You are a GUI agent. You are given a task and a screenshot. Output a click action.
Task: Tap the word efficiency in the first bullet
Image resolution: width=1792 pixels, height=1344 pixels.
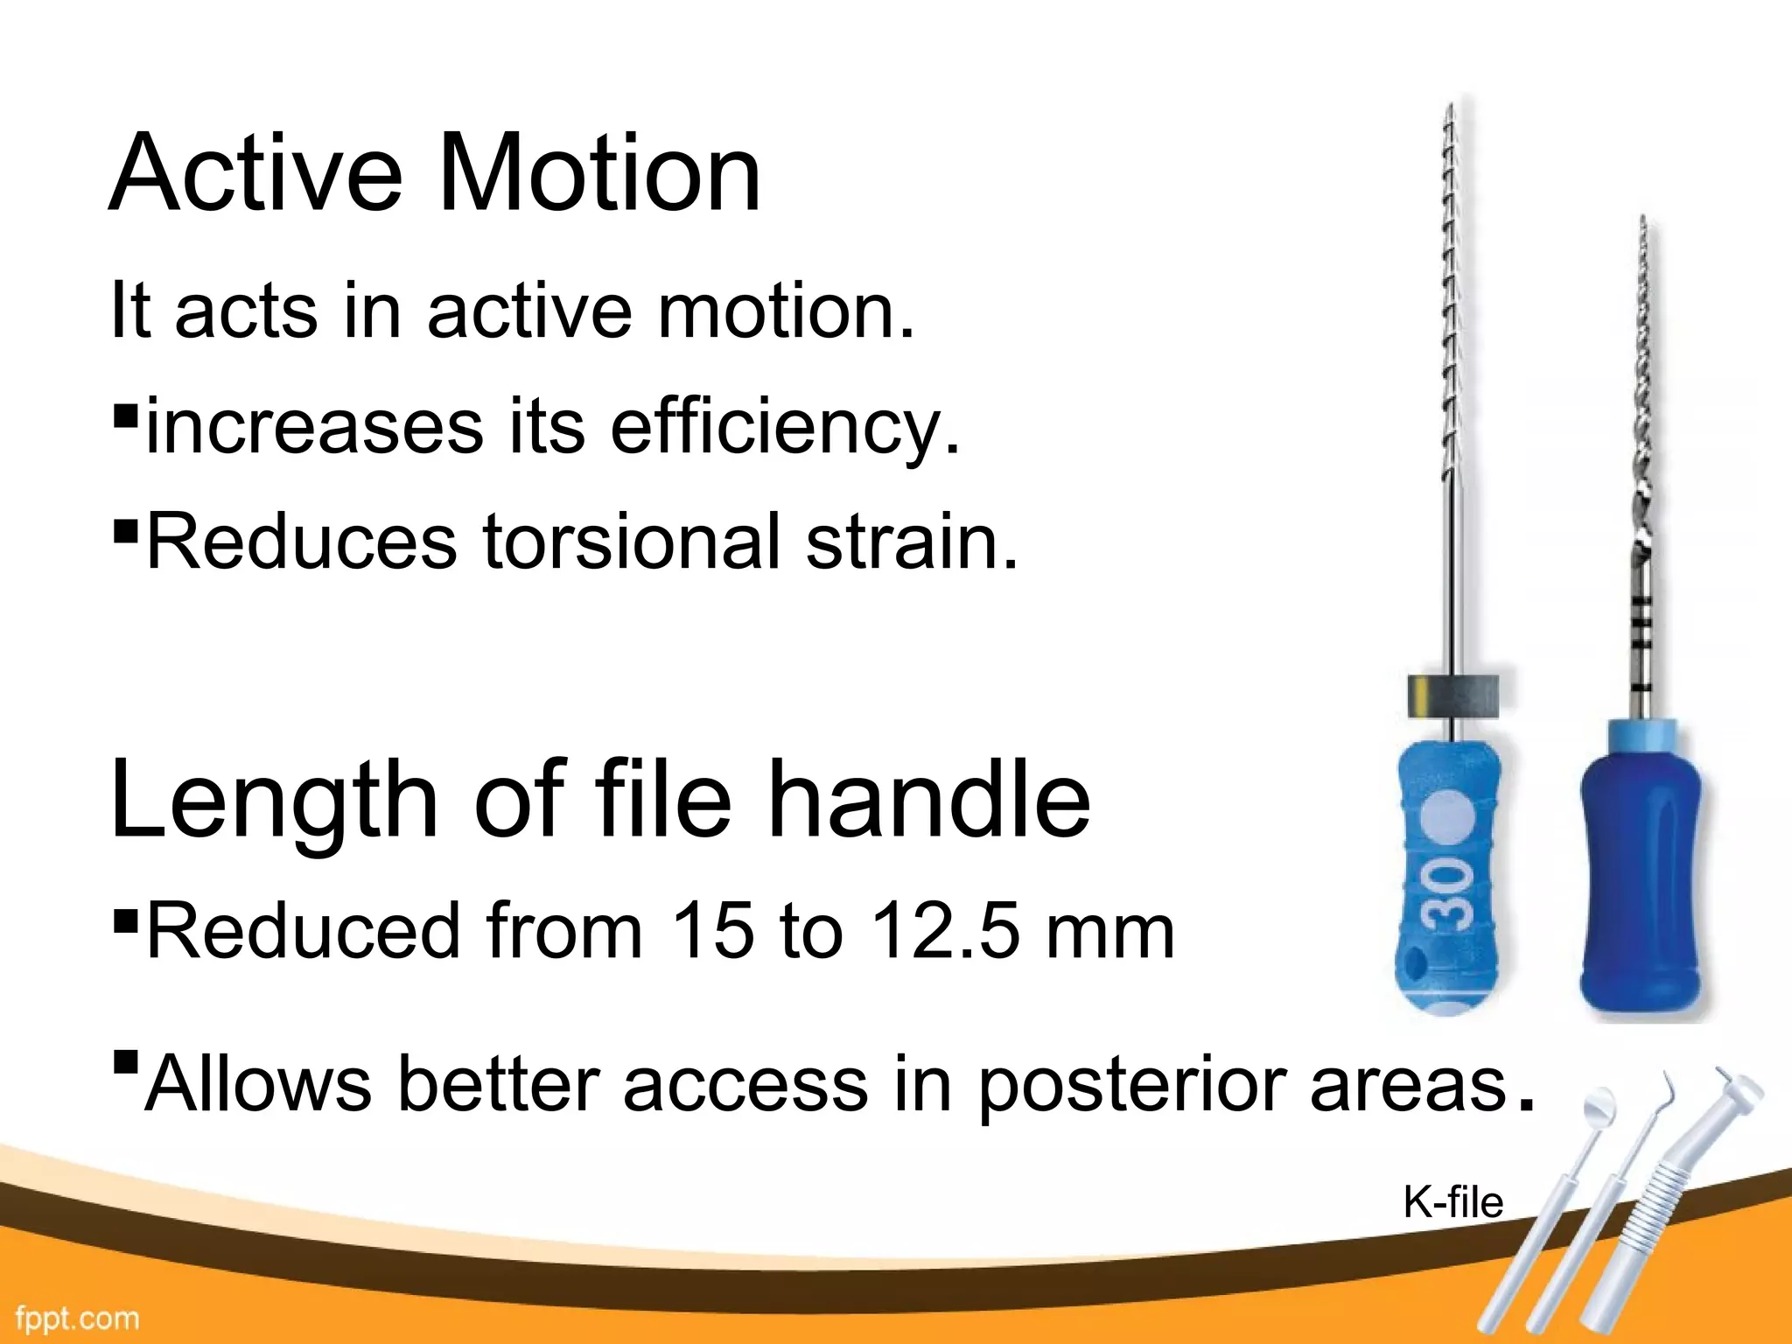[x=785, y=427]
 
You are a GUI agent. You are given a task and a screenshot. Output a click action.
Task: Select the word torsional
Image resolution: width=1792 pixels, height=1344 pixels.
[x=630, y=542]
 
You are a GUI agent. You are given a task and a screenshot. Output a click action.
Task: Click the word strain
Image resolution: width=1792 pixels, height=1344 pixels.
[x=912, y=542]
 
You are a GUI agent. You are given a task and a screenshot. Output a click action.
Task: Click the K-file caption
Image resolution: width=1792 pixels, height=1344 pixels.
[x=1452, y=1202]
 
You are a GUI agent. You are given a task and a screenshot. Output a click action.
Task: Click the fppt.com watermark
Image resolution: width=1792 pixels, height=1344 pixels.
[x=77, y=1318]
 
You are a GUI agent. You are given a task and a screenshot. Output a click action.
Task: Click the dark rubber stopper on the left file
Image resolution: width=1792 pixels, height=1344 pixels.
[x=1453, y=696]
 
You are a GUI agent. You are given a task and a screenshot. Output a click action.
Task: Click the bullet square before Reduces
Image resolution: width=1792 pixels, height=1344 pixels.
[x=126, y=529]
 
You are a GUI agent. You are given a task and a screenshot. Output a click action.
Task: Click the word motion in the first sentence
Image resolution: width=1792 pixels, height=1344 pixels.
[x=785, y=311]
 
